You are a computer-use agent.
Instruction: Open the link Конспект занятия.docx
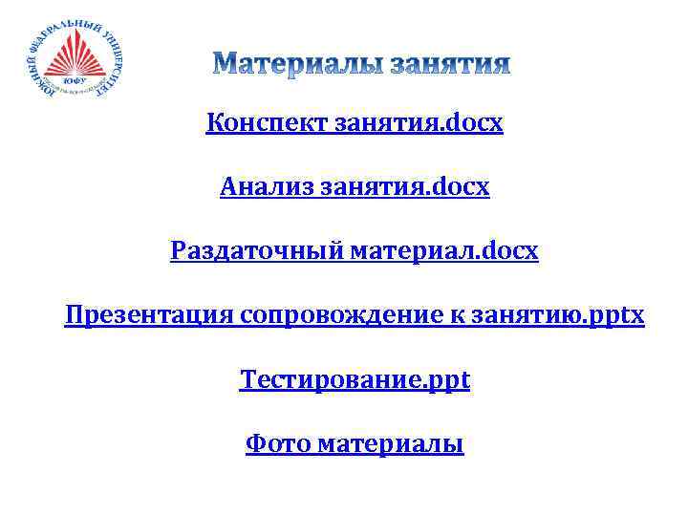[x=355, y=123]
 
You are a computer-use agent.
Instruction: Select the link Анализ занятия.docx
[x=355, y=187]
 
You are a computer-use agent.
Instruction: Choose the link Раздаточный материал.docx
[x=355, y=251]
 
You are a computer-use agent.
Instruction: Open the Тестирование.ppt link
[x=355, y=379]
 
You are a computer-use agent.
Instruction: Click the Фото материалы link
[x=355, y=443]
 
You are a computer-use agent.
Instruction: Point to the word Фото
[x=276, y=443]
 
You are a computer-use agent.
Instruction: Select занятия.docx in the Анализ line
[x=405, y=187]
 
